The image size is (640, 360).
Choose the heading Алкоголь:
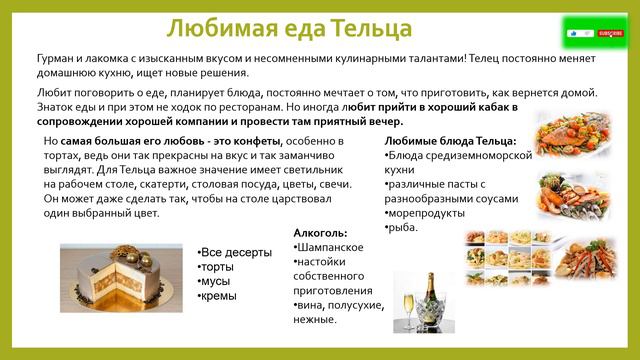click(x=321, y=232)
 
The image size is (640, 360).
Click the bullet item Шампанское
click(x=331, y=247)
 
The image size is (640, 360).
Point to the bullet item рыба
click(x=406, y=227)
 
